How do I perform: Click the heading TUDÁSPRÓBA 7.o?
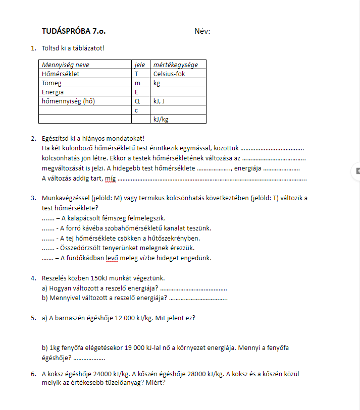tap(74, 31)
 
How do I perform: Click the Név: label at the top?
tap(202, 31)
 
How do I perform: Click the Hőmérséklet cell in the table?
tap(61, 74)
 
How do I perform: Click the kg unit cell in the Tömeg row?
tap(157, 83)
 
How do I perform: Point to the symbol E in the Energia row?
tap(136, 92)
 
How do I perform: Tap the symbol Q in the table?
tap(137, 101)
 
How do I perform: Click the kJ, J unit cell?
tap(161, 101)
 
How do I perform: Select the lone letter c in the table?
tap(136, 110)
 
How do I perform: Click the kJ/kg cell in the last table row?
tap(161, 120)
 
